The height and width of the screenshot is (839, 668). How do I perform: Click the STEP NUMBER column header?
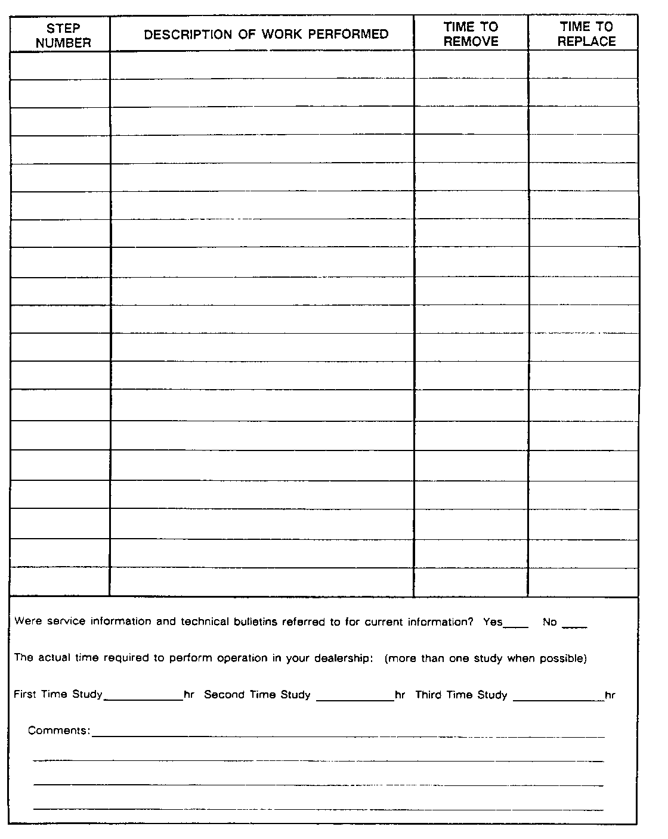point(63,35)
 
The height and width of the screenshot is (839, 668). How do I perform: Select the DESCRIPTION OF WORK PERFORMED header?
point(266,35)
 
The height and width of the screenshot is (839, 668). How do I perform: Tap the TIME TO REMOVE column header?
point(471,34)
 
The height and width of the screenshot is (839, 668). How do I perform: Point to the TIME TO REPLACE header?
point(586,34)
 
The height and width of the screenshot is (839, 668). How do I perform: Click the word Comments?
point(58,731)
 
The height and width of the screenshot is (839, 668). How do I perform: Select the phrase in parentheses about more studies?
point(485,658)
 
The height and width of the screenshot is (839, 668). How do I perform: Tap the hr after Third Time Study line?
point(610,695)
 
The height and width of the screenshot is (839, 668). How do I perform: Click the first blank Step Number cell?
point(60,65)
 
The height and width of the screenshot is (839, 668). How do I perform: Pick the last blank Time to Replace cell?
point(583,582)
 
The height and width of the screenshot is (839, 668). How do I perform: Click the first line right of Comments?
point(348,736)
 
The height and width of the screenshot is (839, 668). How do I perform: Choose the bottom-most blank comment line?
point(318,808)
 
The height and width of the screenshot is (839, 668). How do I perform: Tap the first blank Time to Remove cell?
point(471,65)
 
